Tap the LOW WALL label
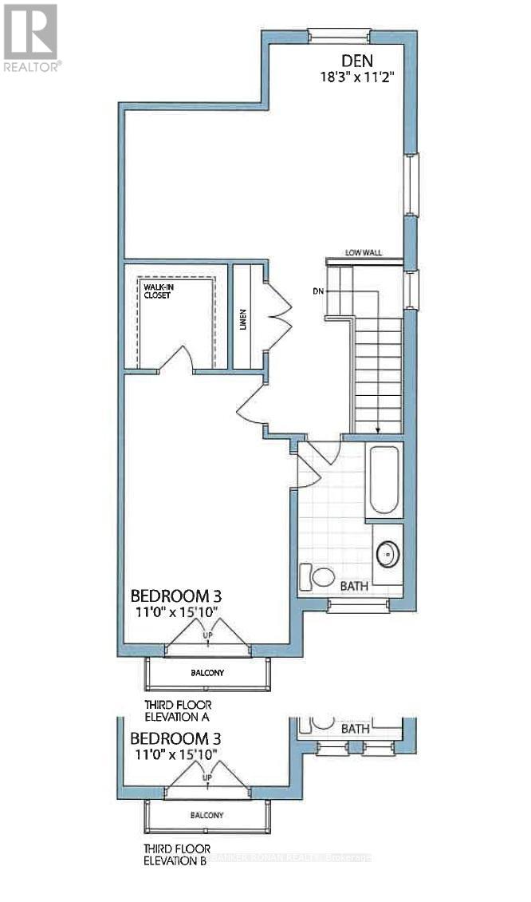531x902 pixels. pyautogui.click(x=364, y=252)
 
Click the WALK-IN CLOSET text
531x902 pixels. pyautogui.click(x=158, y=289)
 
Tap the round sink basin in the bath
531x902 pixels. pyautogui.click(x=387, y=552)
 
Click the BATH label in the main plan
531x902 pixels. pyautogui.click(x=354, y=586)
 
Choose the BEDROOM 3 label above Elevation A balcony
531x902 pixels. pyautogui.click(x=175, y=595)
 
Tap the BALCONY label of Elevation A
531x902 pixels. pyautogui.click(x=207, y=673)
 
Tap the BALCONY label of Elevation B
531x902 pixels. pyautogui.click(x=207, y=815)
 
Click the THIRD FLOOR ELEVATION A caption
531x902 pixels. pyautogui.click(x=176, y=710)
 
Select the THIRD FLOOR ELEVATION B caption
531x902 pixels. pyautogui.click(x=176, y=855)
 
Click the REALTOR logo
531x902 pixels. pyautogui.click(x=30, y=37)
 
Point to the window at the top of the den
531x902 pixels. pyautogui.click(x=339, y=34)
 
